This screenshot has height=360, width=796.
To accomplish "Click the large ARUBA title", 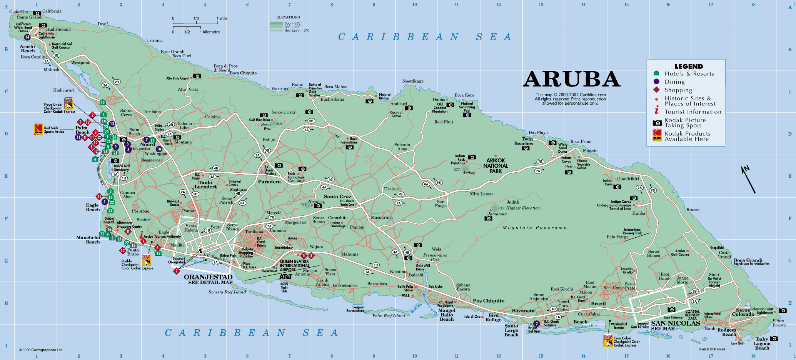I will pos(571,80).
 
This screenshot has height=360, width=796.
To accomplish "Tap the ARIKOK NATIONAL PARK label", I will pos(496,166).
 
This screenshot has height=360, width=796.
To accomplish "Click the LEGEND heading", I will pos(689,67).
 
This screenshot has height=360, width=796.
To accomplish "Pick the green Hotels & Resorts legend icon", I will pos(656,73).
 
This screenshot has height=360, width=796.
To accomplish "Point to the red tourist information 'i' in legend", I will pos(657,111).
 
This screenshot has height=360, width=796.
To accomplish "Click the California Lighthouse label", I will pos(47,35).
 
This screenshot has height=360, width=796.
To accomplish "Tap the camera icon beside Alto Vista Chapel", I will pos(197,76).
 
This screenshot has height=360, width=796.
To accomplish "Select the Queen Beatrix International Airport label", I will pos(294,265).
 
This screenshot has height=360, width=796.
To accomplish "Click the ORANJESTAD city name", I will pos(208,277).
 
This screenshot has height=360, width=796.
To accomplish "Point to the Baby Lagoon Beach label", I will pos(762,343).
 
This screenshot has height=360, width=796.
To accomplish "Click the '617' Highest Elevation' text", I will pos(519,208).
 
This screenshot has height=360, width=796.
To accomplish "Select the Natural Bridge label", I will pos(384,96).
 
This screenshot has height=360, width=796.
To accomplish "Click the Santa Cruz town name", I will pos(337,196).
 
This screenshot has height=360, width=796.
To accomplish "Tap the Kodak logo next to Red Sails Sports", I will pos(38,129).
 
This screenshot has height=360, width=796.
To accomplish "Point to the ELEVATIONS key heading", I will pos(288,17).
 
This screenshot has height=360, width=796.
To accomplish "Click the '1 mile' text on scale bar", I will pos(222,18).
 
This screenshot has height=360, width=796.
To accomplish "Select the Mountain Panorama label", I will pos(534,228).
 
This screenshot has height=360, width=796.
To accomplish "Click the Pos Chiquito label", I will pos(489,301).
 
